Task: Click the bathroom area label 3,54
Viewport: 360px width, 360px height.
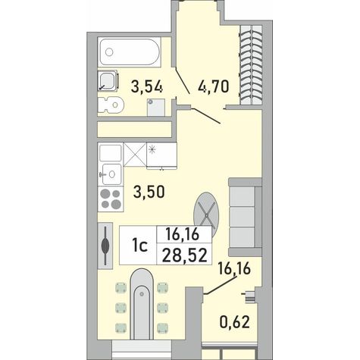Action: [x=146, y=86]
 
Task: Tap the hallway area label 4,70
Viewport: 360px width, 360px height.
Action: [x=214, y=86]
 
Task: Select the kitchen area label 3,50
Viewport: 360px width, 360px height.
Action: [x=149, y=192]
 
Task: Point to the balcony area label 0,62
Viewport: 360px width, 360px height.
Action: [x=235, y=321]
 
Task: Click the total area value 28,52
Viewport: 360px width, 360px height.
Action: [x=185, y=255]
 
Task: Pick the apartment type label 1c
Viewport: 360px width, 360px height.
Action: [x=139, y=246]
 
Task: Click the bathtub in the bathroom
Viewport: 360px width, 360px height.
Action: [x=130, y=52]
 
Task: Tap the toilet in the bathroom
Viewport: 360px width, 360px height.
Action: [x=111, y=105]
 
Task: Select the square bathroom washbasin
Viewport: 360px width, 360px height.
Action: [x=108, y=80]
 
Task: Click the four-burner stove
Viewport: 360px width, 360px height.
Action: [x=111, y=199]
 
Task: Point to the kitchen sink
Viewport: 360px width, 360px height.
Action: [x=111, y=174]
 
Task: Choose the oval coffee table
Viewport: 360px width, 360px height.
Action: [x=206, y=215]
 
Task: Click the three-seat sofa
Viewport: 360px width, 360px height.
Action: [x=245, y=217]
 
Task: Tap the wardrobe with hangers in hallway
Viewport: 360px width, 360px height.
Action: [x=252, y=65]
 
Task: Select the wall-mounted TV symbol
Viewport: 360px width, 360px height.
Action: [x=105, y=245]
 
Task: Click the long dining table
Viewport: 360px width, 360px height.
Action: [x=142, y=304]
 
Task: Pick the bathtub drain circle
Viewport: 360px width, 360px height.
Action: [x=109, y=52]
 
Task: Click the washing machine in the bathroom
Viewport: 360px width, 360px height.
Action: [x=156, y=108]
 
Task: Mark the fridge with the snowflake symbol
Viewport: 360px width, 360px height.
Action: [x=161, y=155]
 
